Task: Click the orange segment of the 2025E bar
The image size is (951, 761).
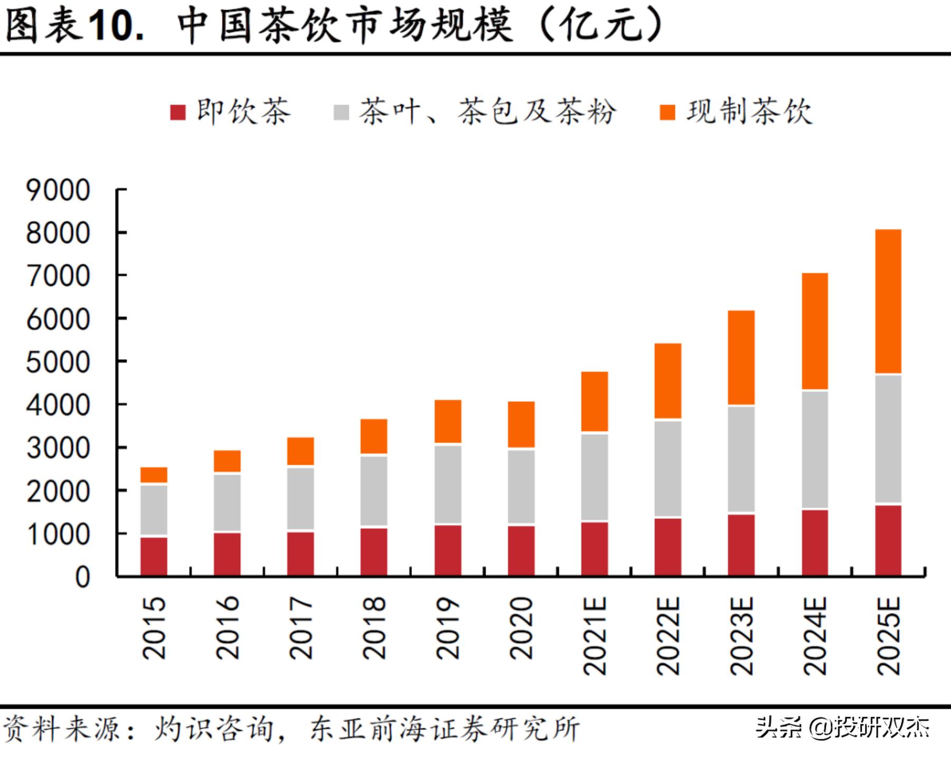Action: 888,301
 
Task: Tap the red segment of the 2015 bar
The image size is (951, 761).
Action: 154,556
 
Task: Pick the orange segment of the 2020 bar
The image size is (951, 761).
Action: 521,424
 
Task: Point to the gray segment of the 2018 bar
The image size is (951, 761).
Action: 374,490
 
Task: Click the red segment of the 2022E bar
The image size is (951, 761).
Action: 668,546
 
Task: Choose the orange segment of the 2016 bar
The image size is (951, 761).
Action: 227,461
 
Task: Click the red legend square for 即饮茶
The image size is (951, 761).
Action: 178,113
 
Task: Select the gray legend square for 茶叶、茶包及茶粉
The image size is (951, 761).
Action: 342,113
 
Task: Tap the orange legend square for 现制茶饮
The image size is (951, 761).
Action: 668,113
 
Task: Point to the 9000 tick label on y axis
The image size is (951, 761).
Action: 58,190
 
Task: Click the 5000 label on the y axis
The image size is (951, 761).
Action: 58,363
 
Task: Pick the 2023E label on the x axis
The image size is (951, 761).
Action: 741,636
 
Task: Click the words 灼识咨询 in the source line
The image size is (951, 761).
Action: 214,729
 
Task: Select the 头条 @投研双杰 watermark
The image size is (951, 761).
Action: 842,728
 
